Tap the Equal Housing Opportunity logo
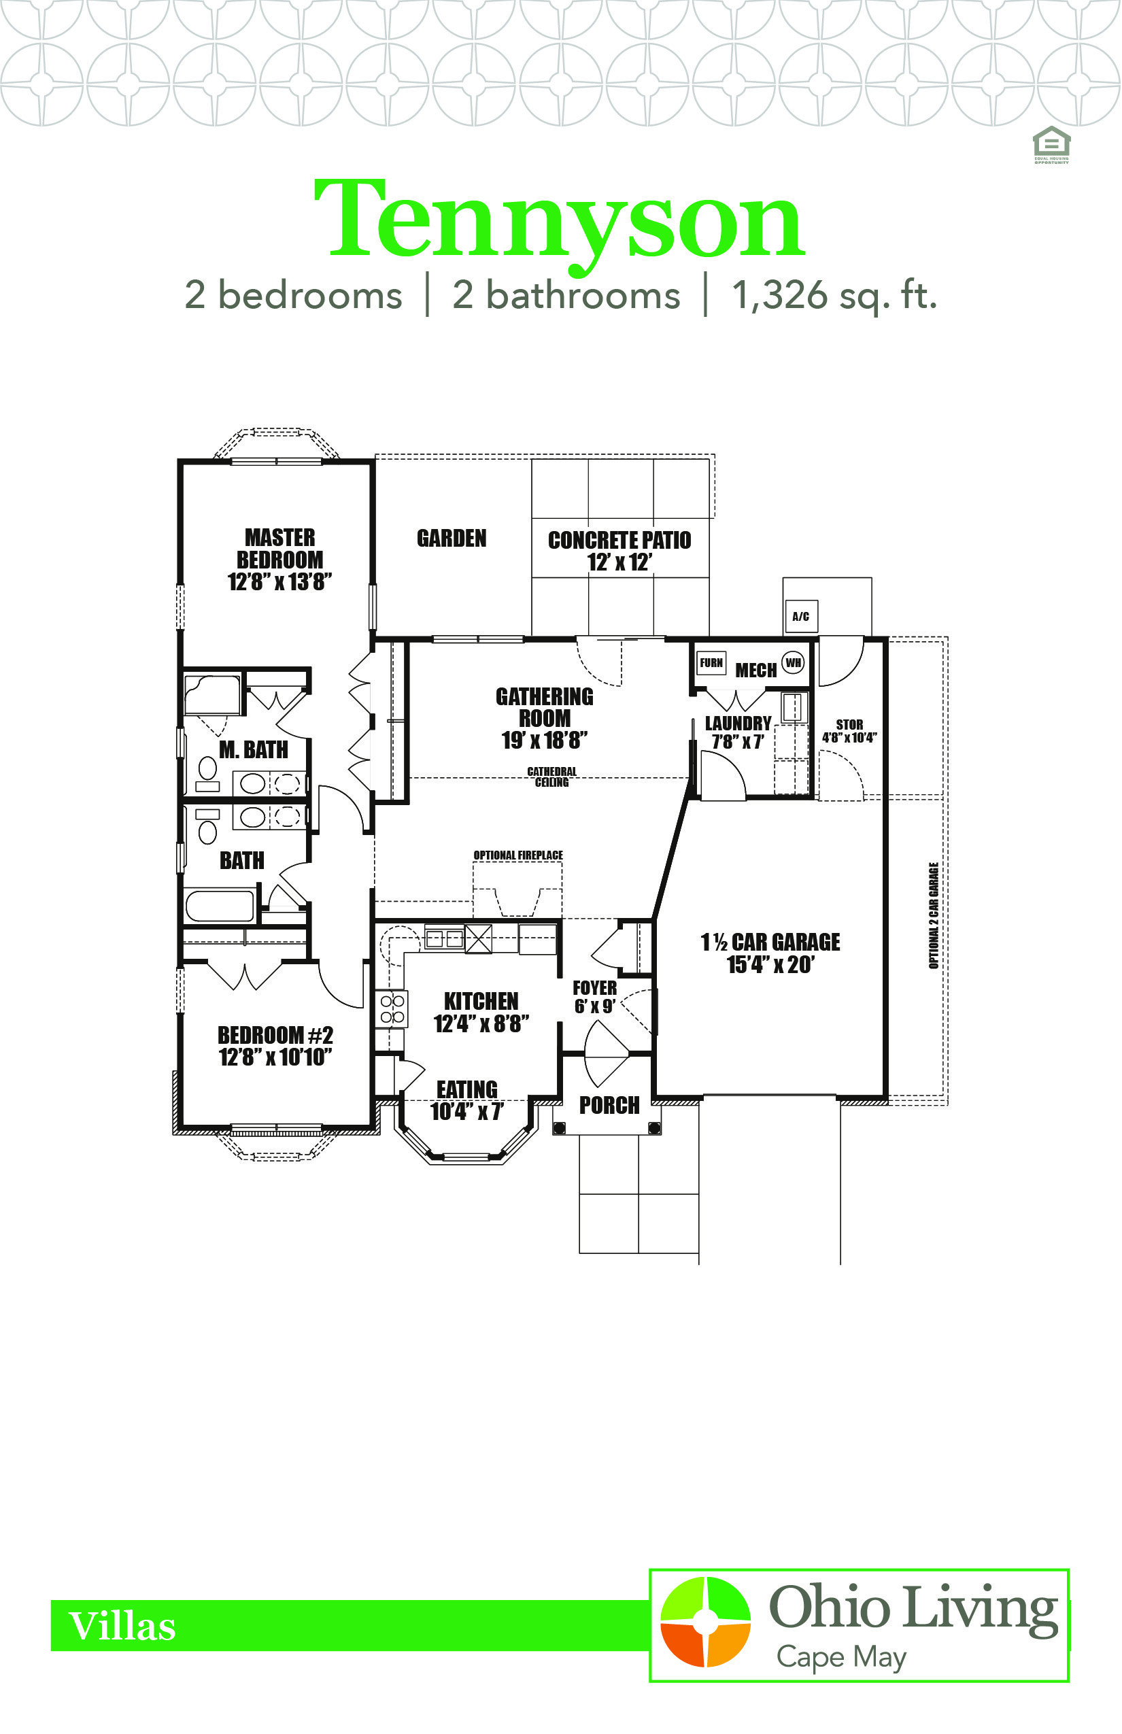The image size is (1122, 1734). pyautogui.click(x=1051, y=145)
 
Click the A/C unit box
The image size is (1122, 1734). pyautogui.click(x=801, y=616)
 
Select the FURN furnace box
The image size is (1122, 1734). pyautogui.click(x=711, y=662)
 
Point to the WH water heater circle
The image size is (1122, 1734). pyautogui.click(x=794, y=662)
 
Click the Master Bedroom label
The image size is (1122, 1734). pyautogui.click(x=279, y=560)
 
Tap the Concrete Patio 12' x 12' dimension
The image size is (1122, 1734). pyautogui.click(x=619, y=562)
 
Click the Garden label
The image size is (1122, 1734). pyautogui.click(x=452, y=539)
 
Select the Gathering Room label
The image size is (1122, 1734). pyautogui.click(x=544, y=717)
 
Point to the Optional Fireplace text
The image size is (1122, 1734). pyautogui.click(x=518, y=855)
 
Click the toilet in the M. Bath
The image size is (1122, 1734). pyautogui.click(x=207, y=773)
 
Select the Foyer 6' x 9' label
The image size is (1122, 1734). pyautogui.click(x=595, y=998)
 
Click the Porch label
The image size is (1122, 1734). pyautogui.click(x=609, y=1105)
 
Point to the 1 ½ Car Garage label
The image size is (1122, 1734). pyautogui.click(x=770, y=953)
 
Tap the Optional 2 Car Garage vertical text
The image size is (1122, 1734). pyautogui.click(x=933, y=916)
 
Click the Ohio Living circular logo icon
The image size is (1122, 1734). pyautogui.click(x=704, y=1622)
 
